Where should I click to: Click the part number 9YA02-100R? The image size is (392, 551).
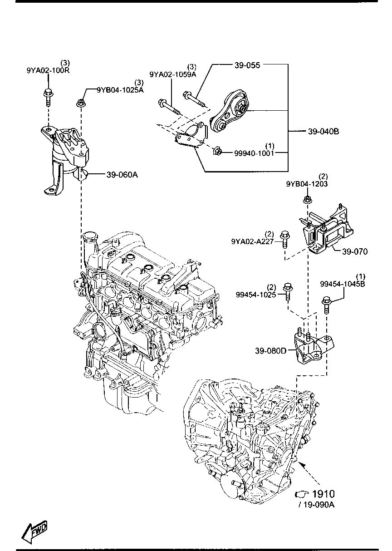point(48,71)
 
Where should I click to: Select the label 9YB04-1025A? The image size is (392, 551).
point(120,90)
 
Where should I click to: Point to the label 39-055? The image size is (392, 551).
point(247,65)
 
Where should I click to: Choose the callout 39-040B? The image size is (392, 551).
point(323,132)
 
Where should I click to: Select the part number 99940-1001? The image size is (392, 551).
point(254,153)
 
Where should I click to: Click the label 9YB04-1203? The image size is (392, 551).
point(307,184)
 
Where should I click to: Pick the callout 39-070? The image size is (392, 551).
point(354,251)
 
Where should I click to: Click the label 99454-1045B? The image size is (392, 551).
point(342,284)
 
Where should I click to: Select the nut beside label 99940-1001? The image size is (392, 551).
point(217,151)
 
